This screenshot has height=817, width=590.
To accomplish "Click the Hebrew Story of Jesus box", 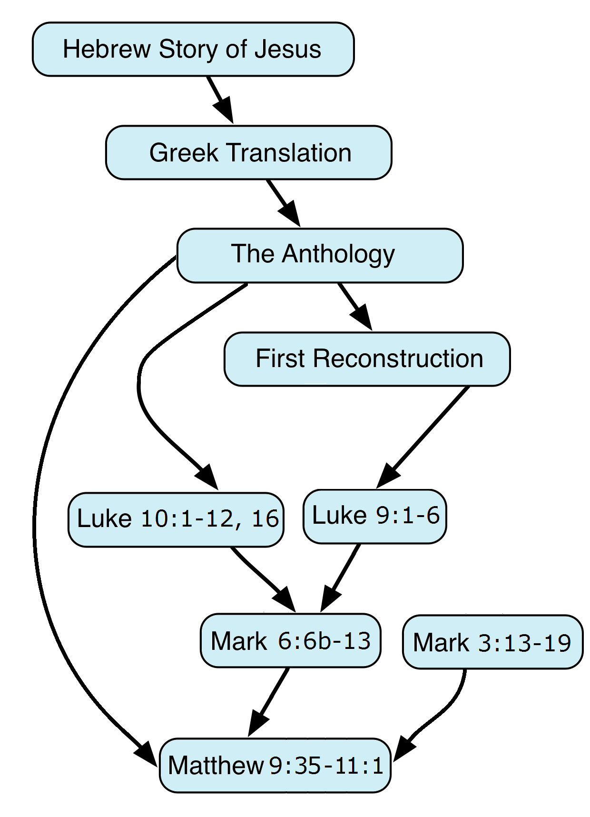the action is click(x=193, y=49).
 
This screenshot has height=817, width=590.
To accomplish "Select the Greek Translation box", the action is click(x=249, y=152).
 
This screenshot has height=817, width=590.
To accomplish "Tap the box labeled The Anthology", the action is click(x=320, y=256).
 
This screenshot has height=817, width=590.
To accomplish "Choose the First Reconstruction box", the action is click(x=367, y=359).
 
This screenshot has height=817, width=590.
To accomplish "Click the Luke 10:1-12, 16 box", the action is click(x=176, y=519).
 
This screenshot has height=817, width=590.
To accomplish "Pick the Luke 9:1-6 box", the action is click(x=375, y=516).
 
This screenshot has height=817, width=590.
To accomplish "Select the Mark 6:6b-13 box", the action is click(x=291, y=640).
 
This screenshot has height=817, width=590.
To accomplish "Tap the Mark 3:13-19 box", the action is click(x=493, y=642).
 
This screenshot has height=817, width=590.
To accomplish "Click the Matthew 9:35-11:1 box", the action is click(x=275, y=766).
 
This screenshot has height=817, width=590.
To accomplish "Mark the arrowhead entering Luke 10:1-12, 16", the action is click(x=207, y=477).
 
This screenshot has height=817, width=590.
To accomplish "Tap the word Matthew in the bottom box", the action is click(x=216, y=766).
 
